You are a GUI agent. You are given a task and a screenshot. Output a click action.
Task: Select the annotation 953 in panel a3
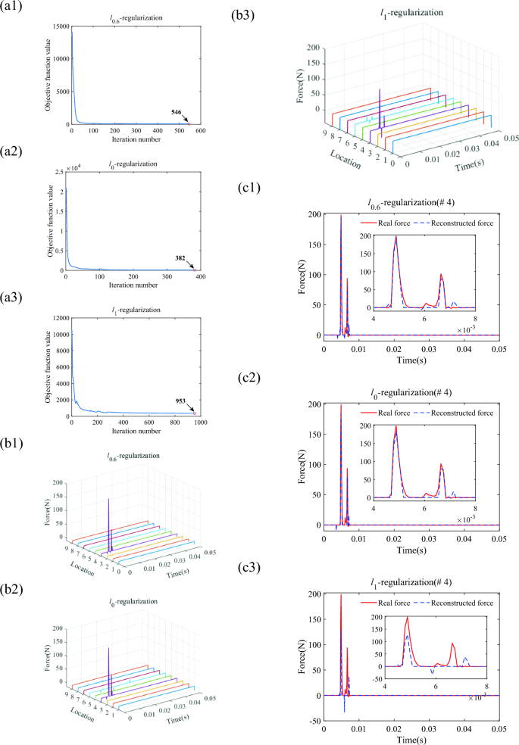180,402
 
